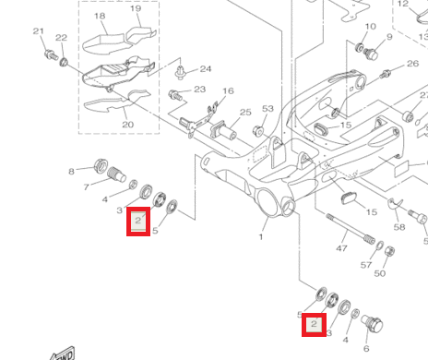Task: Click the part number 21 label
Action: (x=39, y=31)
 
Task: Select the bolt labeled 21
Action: (x=51, y=54)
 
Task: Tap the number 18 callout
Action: (x=100, y=16)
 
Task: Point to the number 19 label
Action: (x=136, y=8)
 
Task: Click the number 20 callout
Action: (x=128, y=125)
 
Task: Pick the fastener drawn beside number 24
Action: (x=180, y=72)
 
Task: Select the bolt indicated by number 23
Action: (x=175, y=95)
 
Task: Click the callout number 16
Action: (x=228, y=90)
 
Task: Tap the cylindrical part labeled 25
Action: (x=223, y=130)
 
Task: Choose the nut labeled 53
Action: (x=258, y=131)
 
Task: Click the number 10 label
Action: (x=371, y=27)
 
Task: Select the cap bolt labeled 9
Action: (x=371, y=54)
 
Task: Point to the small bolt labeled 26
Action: (x=385, y=74)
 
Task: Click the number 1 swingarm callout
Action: (x=261, y=237)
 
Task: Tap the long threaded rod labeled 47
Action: (x=351, y=229)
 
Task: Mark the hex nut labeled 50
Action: (x=389, y=252)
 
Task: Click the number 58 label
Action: (x=399, y=227)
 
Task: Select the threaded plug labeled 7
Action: (x=116, y=174)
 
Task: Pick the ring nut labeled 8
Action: (x=101, y=166)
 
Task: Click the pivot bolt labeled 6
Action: (x=372, y=325)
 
